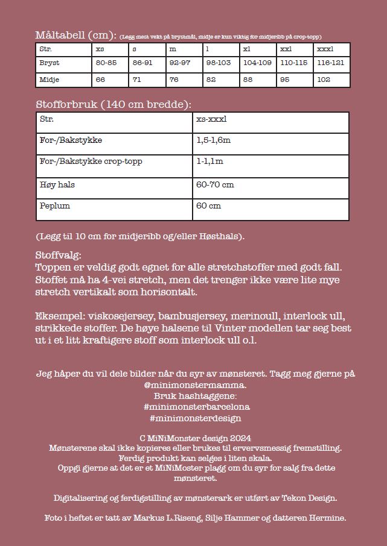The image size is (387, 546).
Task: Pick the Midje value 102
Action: pyautogui.click(x=324, y=79)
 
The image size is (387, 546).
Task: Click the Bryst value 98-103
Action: pyautogui.click(x=219, y=63)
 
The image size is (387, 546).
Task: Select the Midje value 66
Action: pyautogui.click(x=100, y=79)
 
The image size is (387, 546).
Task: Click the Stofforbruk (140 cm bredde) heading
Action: pyautogui.click(x=114, y=104)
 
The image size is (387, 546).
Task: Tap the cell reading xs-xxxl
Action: pyautogui.click(x=211, y=119)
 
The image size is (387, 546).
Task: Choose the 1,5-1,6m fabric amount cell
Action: pyautogui.click(x=214, y=140)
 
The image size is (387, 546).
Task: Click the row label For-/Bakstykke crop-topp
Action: pyautogui.click(x=91, y=162)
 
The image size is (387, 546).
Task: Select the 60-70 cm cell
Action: pyautogui.click(x=215, y=184)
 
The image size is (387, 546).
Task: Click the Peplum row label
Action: pyautogui.click(x=55, y=206)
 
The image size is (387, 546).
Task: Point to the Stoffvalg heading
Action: pyautogui.click(x=59, y=256)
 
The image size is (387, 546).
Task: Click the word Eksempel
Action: pyautogui.click(x=57, y=316)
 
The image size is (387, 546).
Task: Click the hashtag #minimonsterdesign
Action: pyautogui.click(x=193, y=418)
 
